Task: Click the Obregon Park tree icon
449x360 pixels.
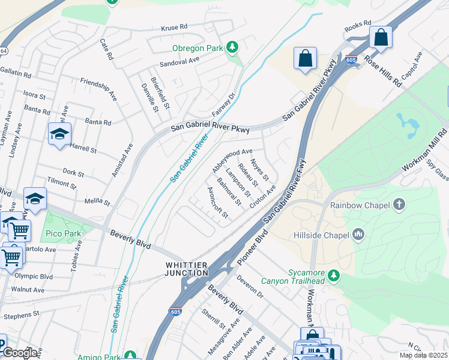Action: (x=232, y=47)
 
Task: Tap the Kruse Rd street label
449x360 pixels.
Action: (x=175, y=27)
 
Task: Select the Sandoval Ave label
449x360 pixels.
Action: (x=179, y=61)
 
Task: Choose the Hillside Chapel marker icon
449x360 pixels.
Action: (x=358, y=233)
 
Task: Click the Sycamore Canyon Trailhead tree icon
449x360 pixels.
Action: (x=334, y=276)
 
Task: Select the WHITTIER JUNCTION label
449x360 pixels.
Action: (x=187, y=269)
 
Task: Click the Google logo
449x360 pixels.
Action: (x=19, y=353)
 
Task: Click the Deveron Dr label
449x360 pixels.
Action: (x=250, y=286)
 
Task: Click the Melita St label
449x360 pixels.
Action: (x=97, y=203)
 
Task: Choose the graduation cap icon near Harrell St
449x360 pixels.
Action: (x=59, y=134)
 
